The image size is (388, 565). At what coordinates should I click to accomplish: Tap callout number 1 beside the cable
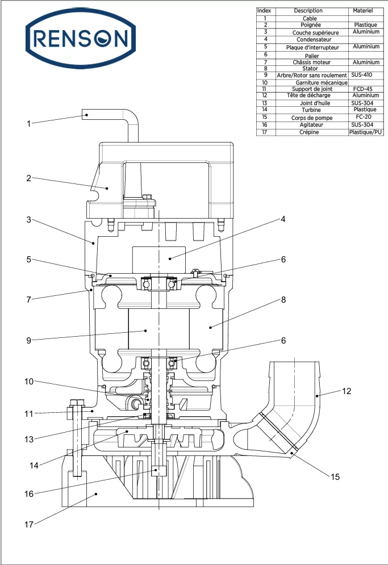point(28,123)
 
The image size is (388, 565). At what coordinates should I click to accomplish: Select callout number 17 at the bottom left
point(28,524)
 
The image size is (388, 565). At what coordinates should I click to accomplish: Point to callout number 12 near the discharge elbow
point(347,391)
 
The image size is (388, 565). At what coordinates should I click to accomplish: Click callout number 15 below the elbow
point(335,477)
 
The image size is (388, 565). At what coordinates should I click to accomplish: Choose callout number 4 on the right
point(283,219)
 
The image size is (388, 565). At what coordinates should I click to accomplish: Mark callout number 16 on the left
point(28,494)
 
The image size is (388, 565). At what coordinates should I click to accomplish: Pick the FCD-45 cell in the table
point(362,89)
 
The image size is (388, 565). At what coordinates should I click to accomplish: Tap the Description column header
point(308,11)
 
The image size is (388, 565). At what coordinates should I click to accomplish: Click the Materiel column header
point(362,11)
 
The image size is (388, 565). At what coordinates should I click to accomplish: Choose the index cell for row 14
point(265,110)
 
